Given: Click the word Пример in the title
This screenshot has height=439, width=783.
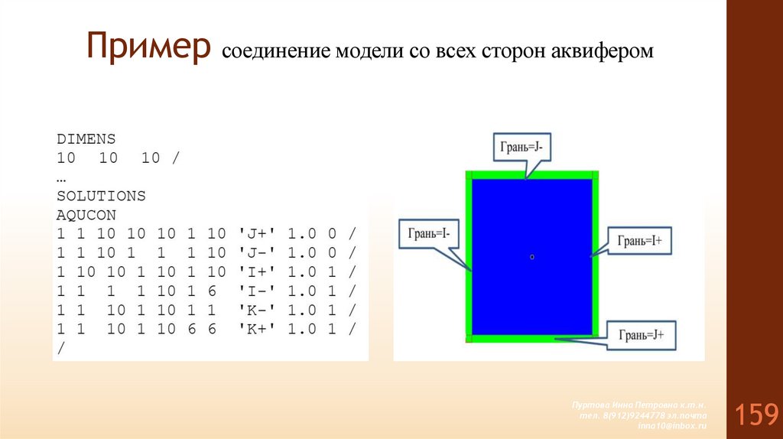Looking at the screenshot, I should pyautogui.click(x=148, y=47).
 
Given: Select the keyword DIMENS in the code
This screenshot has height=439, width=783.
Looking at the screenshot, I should pyautogui.click(x=86, y=139).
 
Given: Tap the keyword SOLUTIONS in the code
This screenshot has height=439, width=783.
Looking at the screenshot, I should pyautogui.click(x=101, y=196).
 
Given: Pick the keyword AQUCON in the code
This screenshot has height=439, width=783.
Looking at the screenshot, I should pyautogui.click(x=86, y=215).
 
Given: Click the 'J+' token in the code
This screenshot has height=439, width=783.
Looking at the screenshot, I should pyautogui.click(x=253, y=233).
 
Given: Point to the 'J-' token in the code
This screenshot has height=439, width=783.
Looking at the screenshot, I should pyautogui.click(x=253, y=252).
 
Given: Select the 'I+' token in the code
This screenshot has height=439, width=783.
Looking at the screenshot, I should pyautogui.click(x=253, y=272).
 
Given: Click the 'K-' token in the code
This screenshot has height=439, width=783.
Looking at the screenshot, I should pyautogui.click(x=253, y=310).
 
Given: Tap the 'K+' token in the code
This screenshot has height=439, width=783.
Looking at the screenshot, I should pyautogui.click(x=253, y=329).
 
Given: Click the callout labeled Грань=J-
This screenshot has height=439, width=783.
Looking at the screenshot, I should pyautogui.click(x=520, y=146).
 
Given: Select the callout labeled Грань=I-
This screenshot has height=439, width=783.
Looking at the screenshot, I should pyautogui.click(x=428, y=233).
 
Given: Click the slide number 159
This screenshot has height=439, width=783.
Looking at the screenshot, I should pyautogui.click(x=756, y=415).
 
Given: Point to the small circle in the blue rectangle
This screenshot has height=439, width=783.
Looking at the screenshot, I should pyautogui.click(x=531, y=257).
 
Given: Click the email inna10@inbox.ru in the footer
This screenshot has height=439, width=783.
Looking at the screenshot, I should pyautogui.click(x=672, y=425).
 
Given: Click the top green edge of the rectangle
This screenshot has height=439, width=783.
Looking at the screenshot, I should pyautogui.click(x=532, y=175).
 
